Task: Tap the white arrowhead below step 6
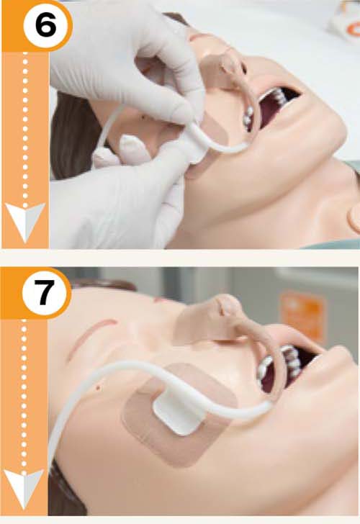coord(25,221)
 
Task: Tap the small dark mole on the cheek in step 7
coord(99,388)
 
